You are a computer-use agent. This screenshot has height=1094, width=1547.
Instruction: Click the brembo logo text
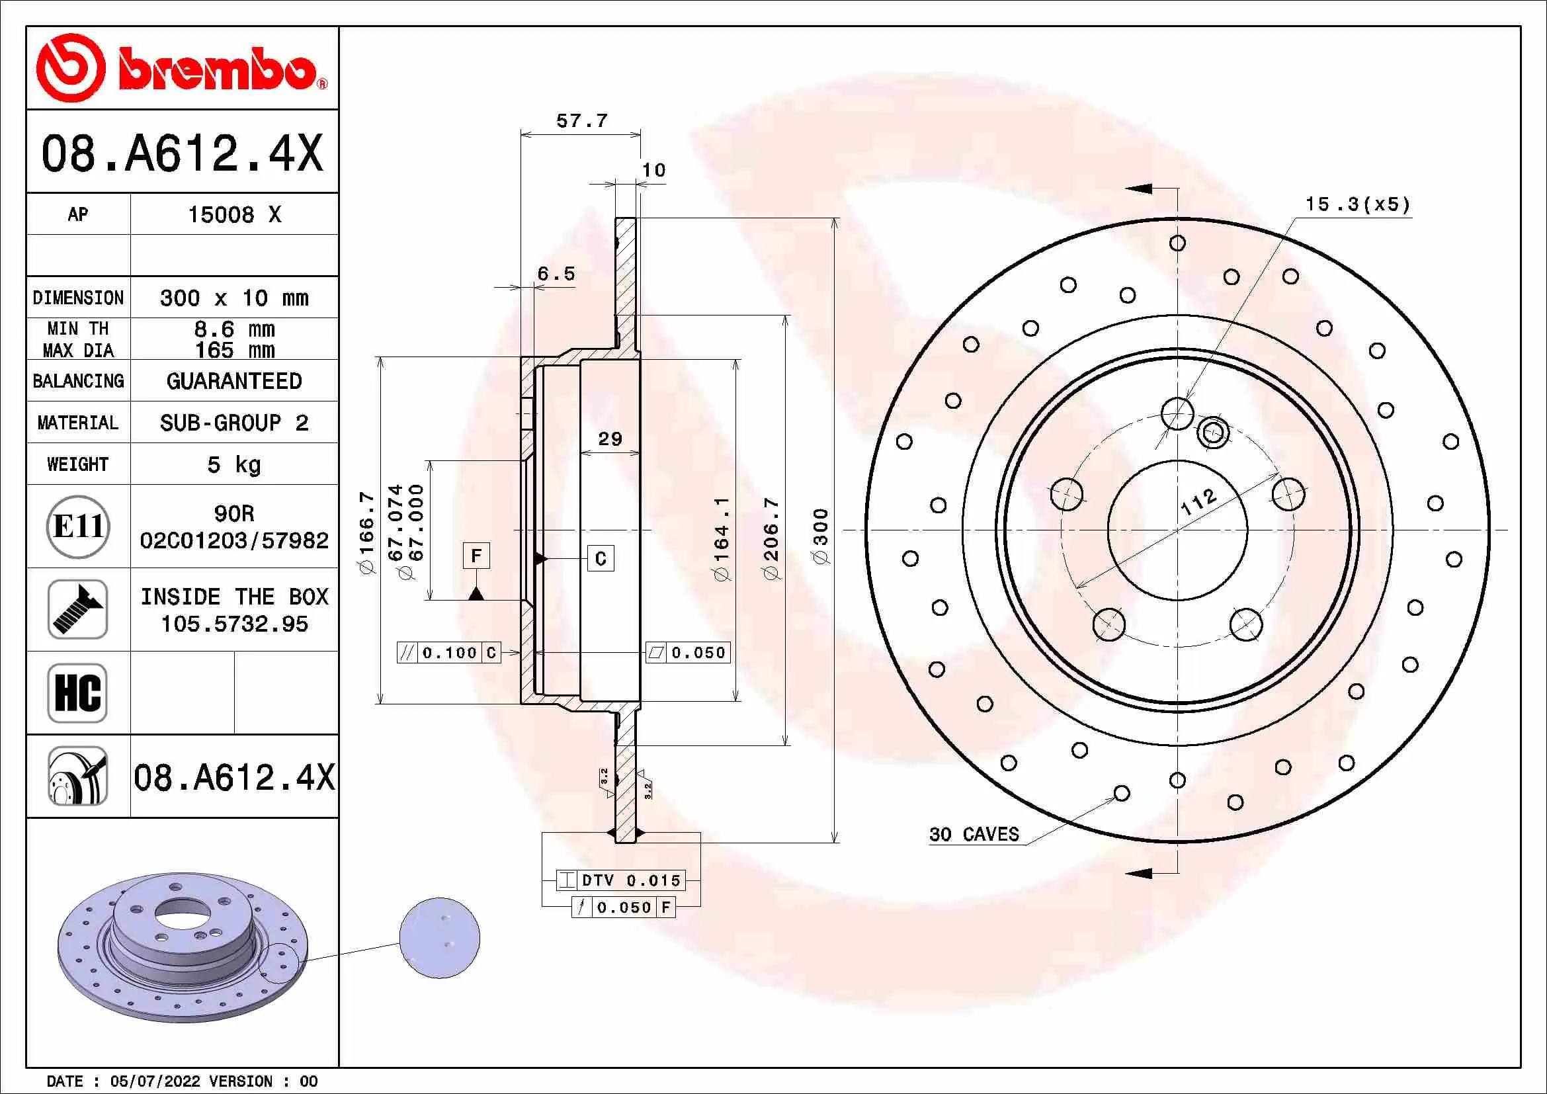217,69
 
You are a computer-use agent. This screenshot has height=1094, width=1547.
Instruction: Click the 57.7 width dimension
581,121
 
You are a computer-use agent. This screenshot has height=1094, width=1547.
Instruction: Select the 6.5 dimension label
556,274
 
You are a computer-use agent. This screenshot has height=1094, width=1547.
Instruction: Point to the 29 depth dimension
610,439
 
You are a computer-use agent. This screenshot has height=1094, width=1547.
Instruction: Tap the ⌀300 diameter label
821,536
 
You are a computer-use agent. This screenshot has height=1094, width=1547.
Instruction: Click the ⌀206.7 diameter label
771,538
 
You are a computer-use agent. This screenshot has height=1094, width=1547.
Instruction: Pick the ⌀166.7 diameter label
366,533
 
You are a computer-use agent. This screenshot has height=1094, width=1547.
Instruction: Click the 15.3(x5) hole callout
1357,204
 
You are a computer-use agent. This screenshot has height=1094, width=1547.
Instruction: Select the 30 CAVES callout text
974,835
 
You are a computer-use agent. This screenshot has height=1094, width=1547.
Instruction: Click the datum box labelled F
476,556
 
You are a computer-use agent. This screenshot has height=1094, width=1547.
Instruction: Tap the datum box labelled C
601,558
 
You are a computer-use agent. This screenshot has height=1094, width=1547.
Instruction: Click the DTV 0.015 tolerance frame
620,880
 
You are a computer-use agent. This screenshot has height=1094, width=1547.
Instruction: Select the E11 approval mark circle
78,526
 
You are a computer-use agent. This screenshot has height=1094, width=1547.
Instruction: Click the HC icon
78,693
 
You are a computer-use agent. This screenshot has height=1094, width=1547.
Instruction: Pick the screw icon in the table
78,610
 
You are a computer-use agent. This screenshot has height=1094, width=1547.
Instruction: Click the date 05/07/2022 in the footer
155,1081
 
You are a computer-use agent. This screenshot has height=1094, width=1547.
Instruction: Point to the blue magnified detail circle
439,938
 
